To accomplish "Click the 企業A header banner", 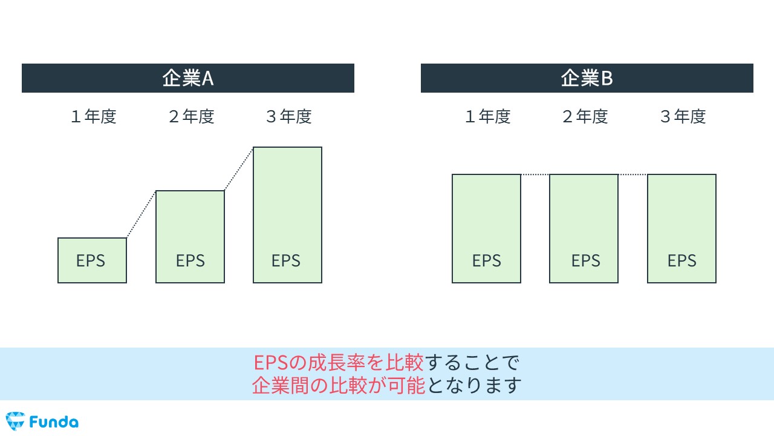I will pos(187,78).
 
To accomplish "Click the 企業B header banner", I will pos(587,78).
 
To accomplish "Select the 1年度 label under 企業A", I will pos(93,116).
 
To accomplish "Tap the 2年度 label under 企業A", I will pos(191,116).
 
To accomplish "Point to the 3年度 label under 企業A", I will pos(288,116).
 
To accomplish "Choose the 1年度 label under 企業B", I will pos(487,116).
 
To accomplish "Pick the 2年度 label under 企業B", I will pos(585,116).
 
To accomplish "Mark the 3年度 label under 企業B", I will pos(683,116).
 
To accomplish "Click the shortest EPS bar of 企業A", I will pos(92,260).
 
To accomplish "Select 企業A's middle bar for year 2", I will pos(190,236).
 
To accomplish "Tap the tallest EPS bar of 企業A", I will pos(287,214).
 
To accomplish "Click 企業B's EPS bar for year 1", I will pos(486,228).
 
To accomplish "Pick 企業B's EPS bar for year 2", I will pos(584,228).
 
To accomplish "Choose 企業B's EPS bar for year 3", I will pos(681,228).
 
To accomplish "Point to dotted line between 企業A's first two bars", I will pos(141,214).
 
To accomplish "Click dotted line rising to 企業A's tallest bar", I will pos(239,169).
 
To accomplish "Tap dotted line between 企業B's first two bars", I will pos(535,175).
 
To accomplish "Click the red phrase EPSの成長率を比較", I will pos(339,363).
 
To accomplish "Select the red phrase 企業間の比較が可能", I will pos(339,385).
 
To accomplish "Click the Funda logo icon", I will pos(15,421).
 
